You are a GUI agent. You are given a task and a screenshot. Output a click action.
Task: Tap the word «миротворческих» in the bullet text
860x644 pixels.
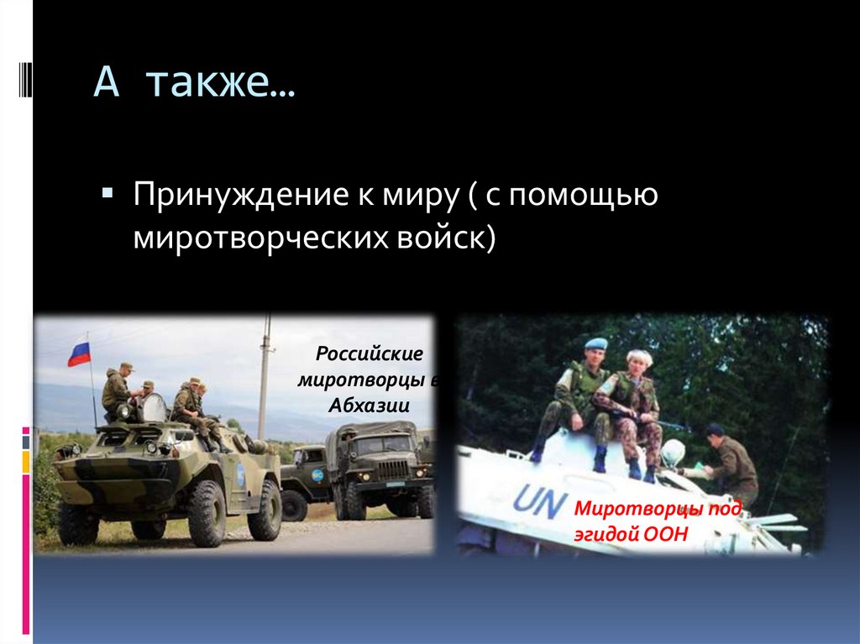click(x=255, y=238)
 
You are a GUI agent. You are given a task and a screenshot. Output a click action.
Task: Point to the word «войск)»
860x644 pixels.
click(x=443, y=238)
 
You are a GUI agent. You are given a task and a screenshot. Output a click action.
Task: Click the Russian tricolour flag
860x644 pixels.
click(x=79, y=352)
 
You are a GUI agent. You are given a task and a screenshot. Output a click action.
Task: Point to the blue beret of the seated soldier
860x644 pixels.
click(x=595, y=343)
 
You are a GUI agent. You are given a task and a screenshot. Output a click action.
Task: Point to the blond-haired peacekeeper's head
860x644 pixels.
click(x=639, y=359)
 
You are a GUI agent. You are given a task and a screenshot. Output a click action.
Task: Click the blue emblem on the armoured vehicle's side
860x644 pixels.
click(x=240, y=474)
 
